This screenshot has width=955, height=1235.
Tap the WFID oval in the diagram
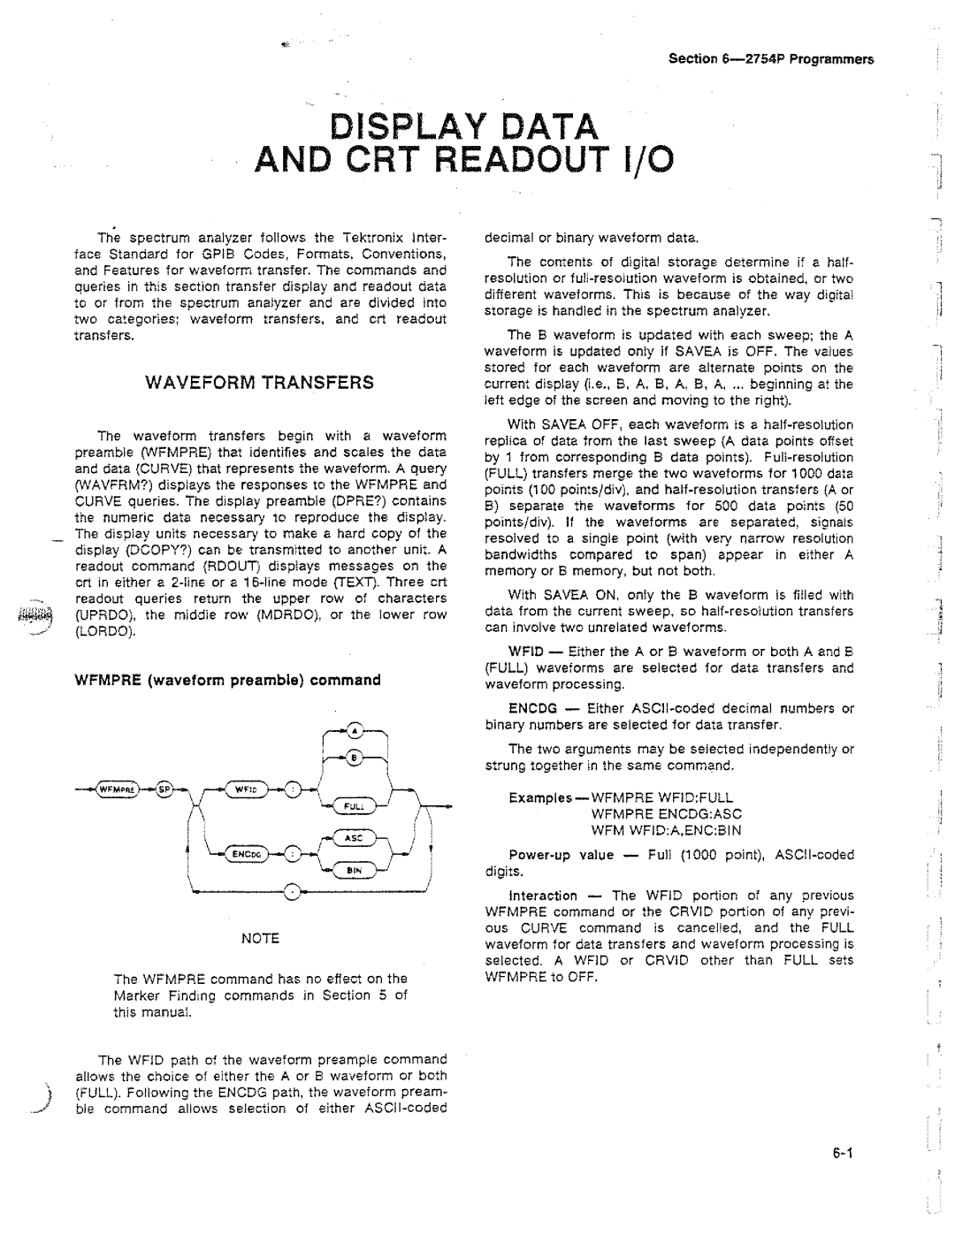click(x=249, y=789)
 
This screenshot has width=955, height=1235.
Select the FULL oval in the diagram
click(x=352, y=805)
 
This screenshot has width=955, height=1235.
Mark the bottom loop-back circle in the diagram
click(x=292, y=898)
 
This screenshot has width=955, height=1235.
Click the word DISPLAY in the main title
click(x=400, y=125)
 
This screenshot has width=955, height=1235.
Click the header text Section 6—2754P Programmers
click(x=770, y=59)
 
